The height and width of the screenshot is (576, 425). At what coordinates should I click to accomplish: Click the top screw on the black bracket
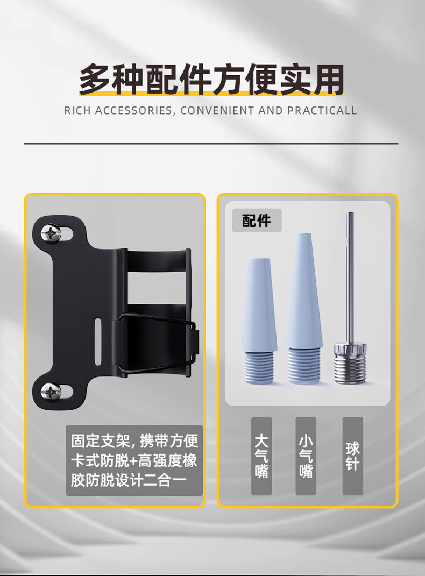pos(51,233)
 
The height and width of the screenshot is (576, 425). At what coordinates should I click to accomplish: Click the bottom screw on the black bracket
pos(51,391)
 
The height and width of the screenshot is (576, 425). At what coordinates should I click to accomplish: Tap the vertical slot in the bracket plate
pos(98,342)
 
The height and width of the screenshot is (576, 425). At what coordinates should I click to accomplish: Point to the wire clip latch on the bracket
pos(156,344)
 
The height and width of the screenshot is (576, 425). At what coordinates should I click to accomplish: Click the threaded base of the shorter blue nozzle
pos(259,367)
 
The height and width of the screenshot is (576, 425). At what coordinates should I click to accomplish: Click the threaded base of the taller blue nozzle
pos(304,366)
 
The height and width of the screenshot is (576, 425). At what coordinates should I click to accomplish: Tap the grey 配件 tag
pos(257,221)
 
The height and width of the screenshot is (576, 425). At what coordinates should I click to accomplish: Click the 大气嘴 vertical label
pos(261,456)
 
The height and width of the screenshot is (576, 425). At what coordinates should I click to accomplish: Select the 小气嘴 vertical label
pos(306,456)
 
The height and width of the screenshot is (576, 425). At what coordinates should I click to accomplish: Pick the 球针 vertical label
pos(352,456)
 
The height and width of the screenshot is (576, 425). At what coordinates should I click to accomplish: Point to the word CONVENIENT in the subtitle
pos(217,111)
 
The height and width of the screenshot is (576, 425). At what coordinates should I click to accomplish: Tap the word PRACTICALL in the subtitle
pos(322,111)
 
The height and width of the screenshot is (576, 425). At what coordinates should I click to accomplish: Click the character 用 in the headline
pos(328,80)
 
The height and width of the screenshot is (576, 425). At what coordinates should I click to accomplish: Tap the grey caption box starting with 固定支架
pos(134,460)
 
